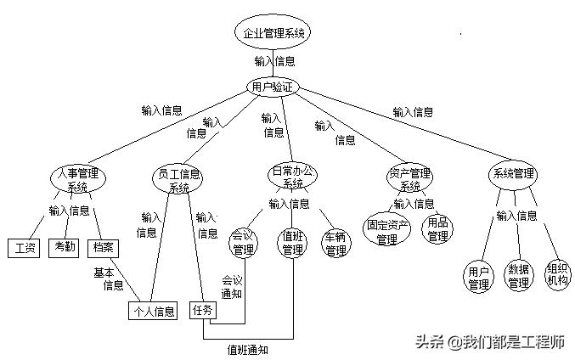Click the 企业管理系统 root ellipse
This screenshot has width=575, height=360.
click(272, 33)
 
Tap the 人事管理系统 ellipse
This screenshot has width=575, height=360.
click(77, 180)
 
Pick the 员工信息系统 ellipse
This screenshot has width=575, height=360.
click(178, 180)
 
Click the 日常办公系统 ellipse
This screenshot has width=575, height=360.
click(292, 177)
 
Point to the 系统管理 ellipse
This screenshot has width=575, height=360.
click(513, 174)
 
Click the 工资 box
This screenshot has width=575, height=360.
click(23, 248)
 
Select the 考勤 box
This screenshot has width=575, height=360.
click(65, 248)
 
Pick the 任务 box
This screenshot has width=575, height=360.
click(203, 310)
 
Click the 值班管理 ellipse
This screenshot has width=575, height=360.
click(293, 242)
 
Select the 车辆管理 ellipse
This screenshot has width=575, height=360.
click(335, 243)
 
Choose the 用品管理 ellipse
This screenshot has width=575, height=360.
click(437, 229)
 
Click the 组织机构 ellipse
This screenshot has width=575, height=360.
click(558, 273)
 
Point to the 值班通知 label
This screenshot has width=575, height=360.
click(249, 348)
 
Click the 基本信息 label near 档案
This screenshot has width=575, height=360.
click(113, 278)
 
